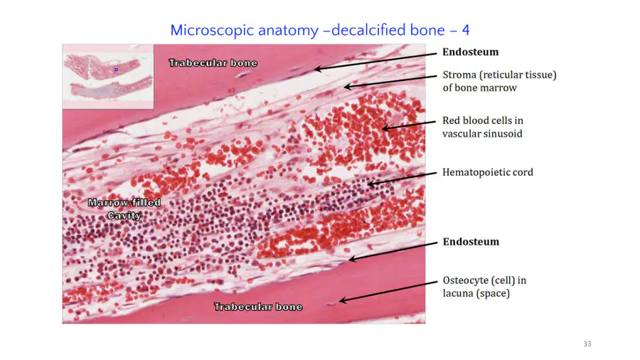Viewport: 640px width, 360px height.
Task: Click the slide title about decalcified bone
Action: pos(319,30)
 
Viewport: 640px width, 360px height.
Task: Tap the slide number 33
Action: pos(587,344)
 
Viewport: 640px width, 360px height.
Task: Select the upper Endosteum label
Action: pos(471,52)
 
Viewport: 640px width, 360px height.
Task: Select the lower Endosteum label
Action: pos(471,242)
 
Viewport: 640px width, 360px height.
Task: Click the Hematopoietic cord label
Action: pos(488,172)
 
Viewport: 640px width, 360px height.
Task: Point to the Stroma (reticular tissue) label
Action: pos(500,81)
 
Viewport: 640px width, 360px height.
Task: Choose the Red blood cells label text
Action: pos(483,127)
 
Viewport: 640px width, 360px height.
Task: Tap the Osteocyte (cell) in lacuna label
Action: pos(484,287)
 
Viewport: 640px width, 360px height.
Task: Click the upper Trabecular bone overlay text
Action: pos(213,63)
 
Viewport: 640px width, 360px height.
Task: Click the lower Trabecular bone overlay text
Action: pos(258,307)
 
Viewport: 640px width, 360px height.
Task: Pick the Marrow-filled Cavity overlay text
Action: pos(124,209)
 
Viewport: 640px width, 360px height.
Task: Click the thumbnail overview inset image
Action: pos(108,77)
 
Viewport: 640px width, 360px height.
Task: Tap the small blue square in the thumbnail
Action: pos(117,70)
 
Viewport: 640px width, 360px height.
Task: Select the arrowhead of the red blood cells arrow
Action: pos(382,129)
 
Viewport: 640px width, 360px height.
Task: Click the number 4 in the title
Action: pos(465,30)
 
